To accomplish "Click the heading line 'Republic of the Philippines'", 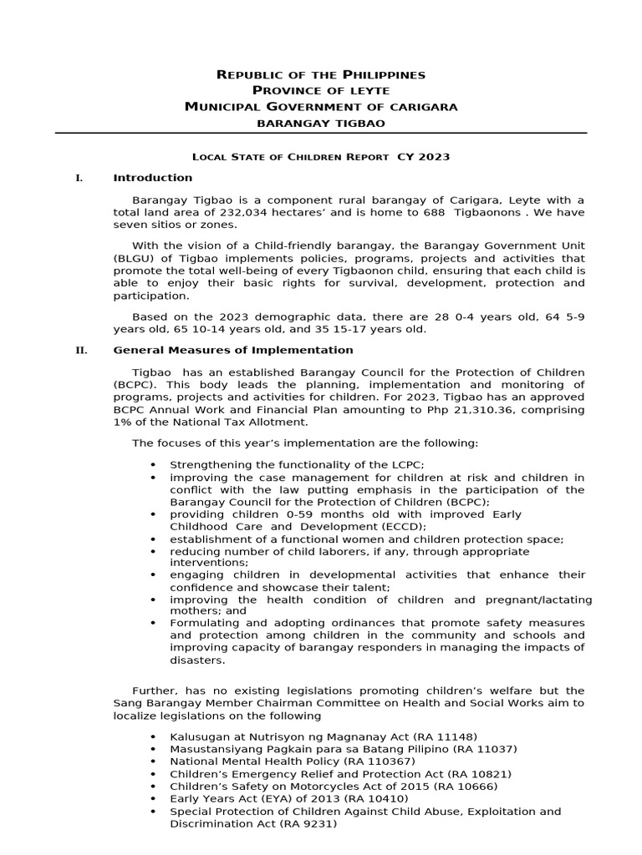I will coord(321,74).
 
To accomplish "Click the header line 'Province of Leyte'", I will coord(321,90).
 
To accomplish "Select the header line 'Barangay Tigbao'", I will coord(321,123).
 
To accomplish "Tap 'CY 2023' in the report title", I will coord(424,156).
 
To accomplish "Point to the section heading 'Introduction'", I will coord(152,178).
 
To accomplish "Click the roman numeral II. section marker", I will coord(81,350).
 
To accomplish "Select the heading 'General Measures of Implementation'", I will coord(233,350).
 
